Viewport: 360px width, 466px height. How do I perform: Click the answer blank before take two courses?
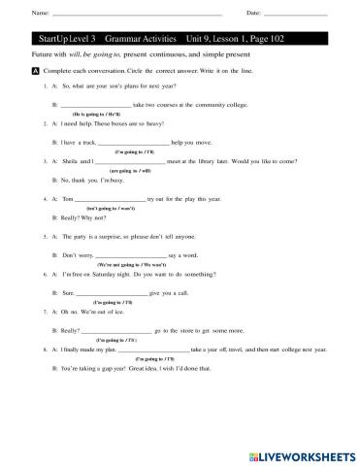click(x=95, y=102)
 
